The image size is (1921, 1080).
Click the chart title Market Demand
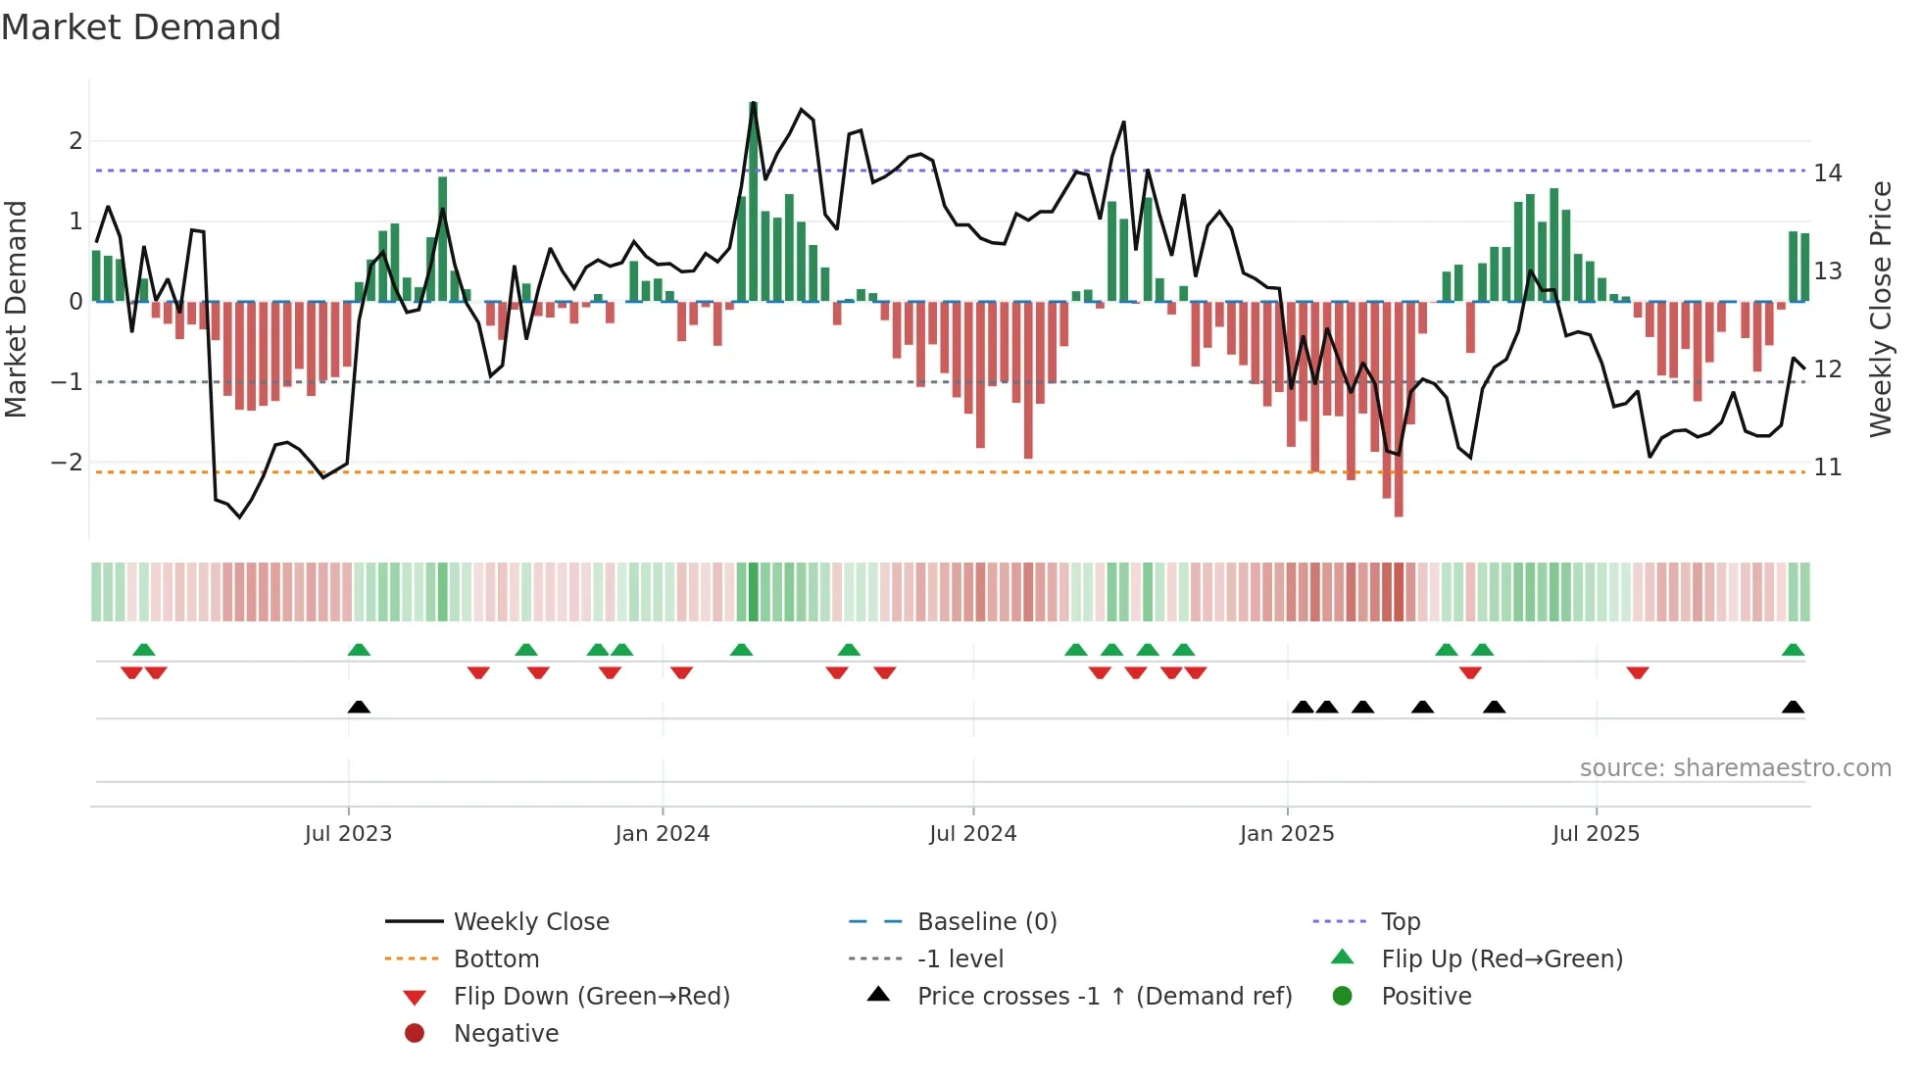(141, 27)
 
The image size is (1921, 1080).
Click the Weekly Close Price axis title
(1880, 309)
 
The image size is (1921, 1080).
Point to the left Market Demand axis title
(16, 309)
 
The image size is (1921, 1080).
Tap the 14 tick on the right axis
(1827, 173)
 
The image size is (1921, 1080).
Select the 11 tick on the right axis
(1827, 467)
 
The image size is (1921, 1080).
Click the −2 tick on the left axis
(67, 463)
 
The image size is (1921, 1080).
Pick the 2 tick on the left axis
(75, 141)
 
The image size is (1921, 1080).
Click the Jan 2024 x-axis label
(662, 834)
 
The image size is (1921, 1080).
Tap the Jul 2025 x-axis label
(1595, 834)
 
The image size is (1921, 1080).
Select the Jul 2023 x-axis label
(348, 834)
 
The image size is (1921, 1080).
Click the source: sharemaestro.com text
(1735, 768)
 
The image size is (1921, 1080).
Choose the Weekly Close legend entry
(530, 922)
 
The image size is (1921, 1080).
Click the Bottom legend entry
(496, 959)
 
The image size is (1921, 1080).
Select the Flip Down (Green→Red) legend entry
(591, 997)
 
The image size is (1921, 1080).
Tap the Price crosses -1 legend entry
(1104, 997)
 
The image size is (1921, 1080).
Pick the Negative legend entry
(506, 1034)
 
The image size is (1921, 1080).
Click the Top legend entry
(1400, 922)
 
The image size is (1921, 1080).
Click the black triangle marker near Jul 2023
(359, 708)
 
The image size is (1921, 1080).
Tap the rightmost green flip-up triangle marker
(1793, 650)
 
